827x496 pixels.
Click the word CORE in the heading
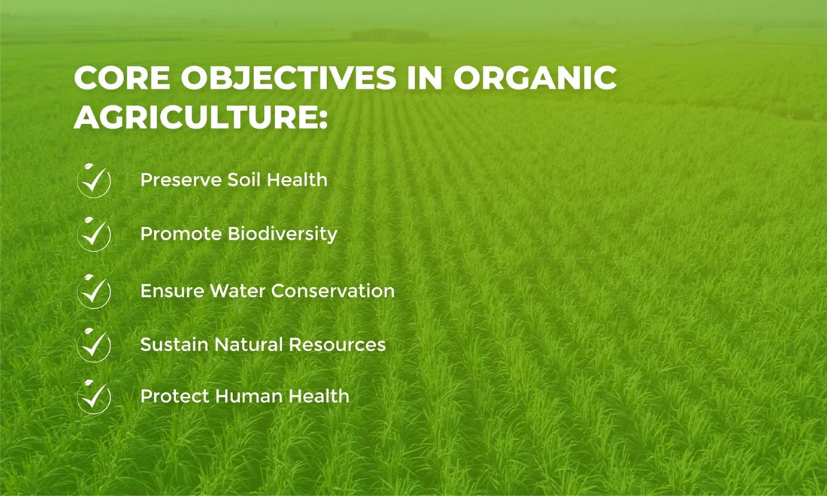pyautogui.click(x=122, y=78)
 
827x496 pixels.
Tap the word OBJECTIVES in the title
pyautogui.click(x=289, y=78)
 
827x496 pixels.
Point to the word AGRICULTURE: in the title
pyautogui.click(x=201, y=117)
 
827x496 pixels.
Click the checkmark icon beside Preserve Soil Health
pyautogui.click(x=94, y=181)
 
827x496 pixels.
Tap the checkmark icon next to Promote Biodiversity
pyautogui.click(x=94, y=234)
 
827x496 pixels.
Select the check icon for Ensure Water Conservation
pyautogui.click(x=94, y=292)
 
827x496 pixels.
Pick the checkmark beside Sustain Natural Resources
pyautogui.click(x=94, y=345)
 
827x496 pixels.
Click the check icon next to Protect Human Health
pyautogui.click(x=94, y=397)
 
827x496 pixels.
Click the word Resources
pyautogui.click(x=337, y=345)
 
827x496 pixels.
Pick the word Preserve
pyautogui.click(x=180, y=180)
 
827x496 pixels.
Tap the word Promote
pyautogui.click(x=181, y=234)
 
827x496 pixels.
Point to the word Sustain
pyautogui.click(x=174, y=345)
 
